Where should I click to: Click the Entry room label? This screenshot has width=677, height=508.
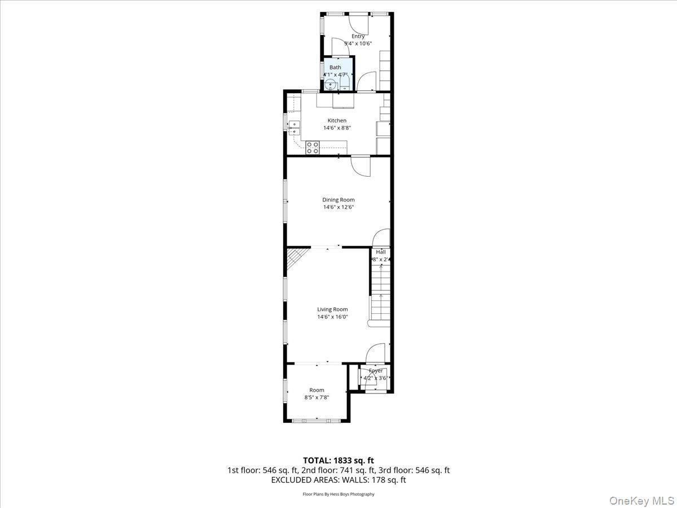(358, 36)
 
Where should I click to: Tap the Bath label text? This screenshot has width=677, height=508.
(335, 67)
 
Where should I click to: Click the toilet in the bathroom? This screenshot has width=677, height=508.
(345, 84)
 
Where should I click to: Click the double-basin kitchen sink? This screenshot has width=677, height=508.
(294, 128)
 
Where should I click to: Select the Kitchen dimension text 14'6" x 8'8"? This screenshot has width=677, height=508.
(337, 128)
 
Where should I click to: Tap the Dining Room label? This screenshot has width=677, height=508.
(338, 199)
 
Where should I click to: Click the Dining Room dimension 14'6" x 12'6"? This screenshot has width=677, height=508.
(338, 207)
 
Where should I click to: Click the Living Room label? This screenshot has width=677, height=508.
(332, 309)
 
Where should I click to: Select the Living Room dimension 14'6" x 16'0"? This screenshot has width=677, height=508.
(332, 317)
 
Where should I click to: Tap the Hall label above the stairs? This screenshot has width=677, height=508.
(381, 252)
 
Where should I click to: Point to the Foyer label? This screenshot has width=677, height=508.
(376, 371)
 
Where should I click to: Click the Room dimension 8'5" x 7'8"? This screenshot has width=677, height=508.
(316, 397)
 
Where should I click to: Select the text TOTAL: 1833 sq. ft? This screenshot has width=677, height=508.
(338, 460)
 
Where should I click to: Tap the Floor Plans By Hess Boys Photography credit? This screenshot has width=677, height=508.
(338, 494)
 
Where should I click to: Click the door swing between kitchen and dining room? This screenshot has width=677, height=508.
(360, 164)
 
